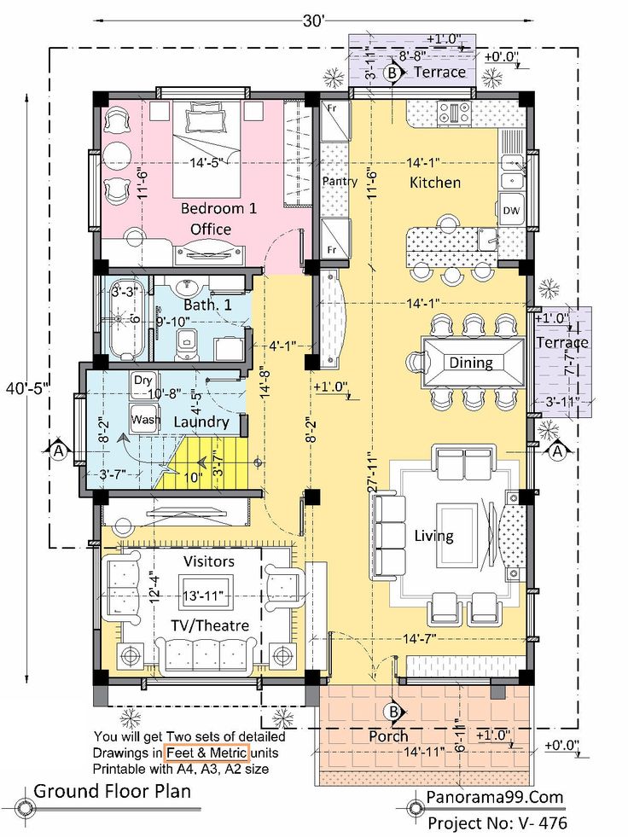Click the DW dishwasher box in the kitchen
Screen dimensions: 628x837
(511, 211)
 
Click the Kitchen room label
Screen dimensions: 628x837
(434, 183)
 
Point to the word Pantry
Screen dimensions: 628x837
(340, 182)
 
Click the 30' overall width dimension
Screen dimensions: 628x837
(314, 20)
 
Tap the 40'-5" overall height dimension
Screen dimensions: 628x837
(26, 388)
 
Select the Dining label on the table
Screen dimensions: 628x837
(470, 363)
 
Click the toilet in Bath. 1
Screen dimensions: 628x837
(186, 345)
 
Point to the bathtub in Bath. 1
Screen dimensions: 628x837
(128, 322)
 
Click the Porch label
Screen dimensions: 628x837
(388, 736)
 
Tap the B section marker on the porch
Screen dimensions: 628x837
(393, 712)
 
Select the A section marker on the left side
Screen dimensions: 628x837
(59, 451)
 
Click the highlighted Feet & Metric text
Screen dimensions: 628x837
(206, 753)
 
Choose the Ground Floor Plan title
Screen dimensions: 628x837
(112, 791)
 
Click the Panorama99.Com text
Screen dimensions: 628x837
(495, 798)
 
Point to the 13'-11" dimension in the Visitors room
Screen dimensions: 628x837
(202, 596)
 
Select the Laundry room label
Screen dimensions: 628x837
(201, 423)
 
